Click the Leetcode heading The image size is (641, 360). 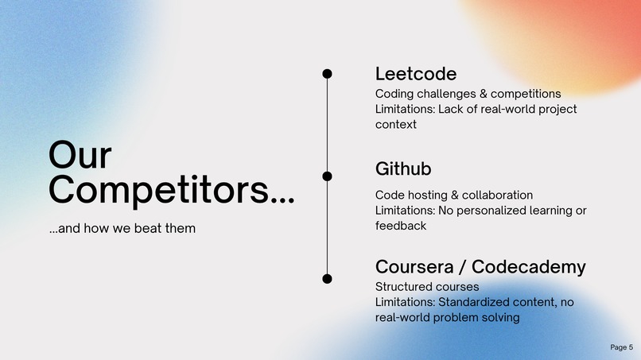click(415, 74)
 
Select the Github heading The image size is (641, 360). click(402, 169)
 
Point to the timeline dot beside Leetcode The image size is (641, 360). click(327, 74)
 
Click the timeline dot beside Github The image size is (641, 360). click(327, 176)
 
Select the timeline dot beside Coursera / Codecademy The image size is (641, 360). click(327, 278)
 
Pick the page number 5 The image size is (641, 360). click(631, 347)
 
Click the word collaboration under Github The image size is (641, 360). click(498, 195)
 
